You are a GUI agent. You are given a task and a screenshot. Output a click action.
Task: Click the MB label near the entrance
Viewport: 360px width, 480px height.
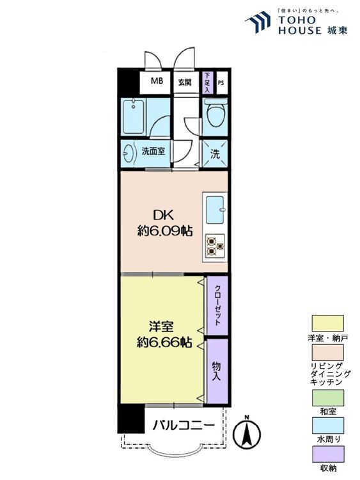point(157,81)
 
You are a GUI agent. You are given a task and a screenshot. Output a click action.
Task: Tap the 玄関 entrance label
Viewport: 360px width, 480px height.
point(184,82)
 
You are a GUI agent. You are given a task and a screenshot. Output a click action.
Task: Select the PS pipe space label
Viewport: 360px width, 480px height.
point(221,83)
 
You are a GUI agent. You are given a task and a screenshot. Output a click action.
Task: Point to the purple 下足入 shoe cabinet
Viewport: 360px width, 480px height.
point(208,83)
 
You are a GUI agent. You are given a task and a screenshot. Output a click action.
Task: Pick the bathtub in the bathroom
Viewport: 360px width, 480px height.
point(134,116)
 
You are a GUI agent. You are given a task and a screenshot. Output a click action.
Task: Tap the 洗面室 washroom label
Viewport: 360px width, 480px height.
point(153,151)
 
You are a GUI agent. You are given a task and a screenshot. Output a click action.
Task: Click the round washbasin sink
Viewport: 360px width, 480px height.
point(129,152)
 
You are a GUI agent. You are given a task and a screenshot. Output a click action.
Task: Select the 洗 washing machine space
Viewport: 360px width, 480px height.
point(215,154)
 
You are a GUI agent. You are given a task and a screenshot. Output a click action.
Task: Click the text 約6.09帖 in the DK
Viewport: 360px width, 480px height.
point(165,232)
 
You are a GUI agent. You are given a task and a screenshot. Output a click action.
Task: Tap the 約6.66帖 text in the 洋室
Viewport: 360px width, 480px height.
point(164,342)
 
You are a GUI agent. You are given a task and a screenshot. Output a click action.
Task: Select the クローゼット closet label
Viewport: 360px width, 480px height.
point(218,305)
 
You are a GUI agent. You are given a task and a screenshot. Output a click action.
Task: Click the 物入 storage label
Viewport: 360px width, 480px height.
point(217,371)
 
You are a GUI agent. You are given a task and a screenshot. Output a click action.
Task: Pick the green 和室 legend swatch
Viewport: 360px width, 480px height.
point(327,397)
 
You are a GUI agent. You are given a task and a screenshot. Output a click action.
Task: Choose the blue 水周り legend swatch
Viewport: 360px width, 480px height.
point(327,425)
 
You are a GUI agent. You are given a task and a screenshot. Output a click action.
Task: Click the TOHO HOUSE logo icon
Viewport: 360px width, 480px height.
point(258,22)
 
